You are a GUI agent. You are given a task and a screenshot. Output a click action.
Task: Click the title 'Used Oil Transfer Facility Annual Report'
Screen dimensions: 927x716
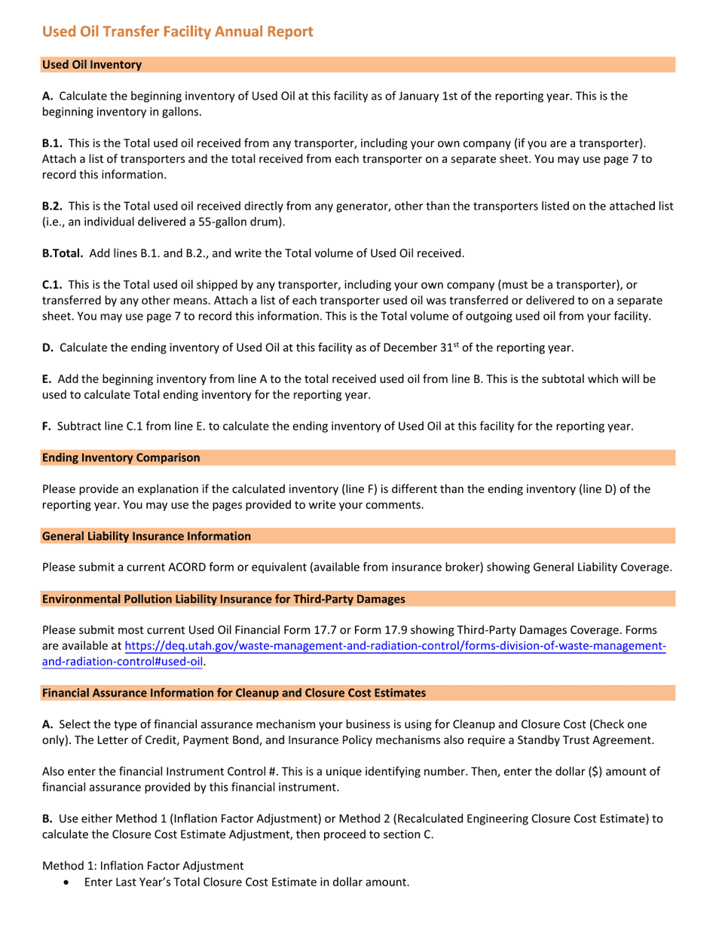(x=177, y=32)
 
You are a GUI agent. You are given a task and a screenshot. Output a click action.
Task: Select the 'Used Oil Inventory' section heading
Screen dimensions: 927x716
(x=92, y=65)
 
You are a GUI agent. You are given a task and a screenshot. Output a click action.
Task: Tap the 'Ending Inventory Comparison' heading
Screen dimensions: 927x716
(x=121, y=457)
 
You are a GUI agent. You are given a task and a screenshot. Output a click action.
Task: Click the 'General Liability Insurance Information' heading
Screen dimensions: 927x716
(x=146, y=536)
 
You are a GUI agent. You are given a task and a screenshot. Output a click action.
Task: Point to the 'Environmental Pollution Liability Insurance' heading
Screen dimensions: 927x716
(x=223, y=599)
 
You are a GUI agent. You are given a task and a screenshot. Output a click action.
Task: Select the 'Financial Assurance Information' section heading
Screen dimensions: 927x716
(x=234, y=693)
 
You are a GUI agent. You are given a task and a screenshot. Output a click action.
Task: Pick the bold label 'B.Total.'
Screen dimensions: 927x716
(x=63, y=253)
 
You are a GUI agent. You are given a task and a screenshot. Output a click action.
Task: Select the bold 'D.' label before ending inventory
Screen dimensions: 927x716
(x=47, y=347)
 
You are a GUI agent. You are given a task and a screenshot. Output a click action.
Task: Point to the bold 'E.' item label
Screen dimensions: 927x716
(x=47, y=379)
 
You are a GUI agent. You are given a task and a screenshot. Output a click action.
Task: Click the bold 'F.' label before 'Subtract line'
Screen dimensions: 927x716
(x=47, y=426)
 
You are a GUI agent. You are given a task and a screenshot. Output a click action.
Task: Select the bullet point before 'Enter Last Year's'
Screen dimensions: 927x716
(x=69, y=882)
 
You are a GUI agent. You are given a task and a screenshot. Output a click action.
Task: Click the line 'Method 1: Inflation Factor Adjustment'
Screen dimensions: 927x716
(x=142, y=866)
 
